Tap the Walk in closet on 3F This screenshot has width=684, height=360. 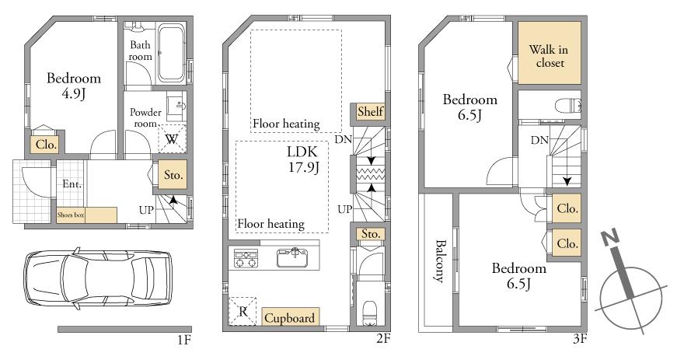point(549,56)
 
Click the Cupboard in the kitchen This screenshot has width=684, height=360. point(290,317)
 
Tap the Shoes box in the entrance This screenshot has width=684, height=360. point(85,215)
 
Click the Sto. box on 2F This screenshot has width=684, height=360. point(368,233)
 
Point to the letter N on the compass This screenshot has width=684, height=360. point(611,239)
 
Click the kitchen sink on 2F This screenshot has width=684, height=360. point(295,254)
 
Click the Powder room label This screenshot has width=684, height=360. point(146,117)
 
